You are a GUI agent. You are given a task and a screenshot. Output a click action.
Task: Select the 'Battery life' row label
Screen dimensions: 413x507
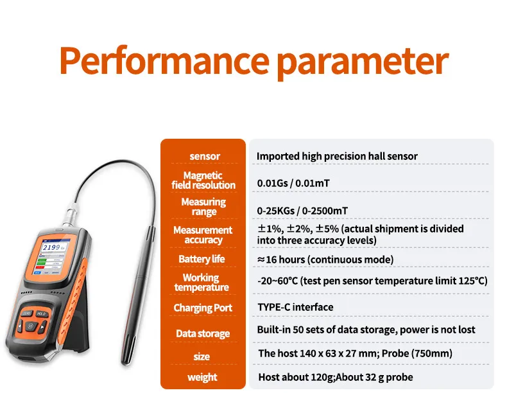tap(202, 259)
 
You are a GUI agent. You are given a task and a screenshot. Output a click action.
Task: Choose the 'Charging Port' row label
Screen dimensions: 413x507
tap(203, 308)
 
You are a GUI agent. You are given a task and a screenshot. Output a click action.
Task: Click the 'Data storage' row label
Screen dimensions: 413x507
tap(203, 333)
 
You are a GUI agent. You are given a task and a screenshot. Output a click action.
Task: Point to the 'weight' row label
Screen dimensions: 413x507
tap(202, 377)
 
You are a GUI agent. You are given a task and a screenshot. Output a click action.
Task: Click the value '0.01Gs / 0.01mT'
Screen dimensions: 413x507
tap(293, 183)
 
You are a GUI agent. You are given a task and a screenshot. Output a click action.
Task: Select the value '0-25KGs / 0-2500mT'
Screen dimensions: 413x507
tap(302, 210)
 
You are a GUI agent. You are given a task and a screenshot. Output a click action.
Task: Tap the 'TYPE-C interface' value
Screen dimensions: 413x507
tap(295, 307)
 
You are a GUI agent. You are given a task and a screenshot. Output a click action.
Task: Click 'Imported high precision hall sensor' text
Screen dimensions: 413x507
tap(337, 156)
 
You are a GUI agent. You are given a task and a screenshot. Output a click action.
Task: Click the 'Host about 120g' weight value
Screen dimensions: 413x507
tap(295, 377)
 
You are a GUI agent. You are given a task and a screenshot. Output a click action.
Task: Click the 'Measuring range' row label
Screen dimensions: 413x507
tap(203, 207)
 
